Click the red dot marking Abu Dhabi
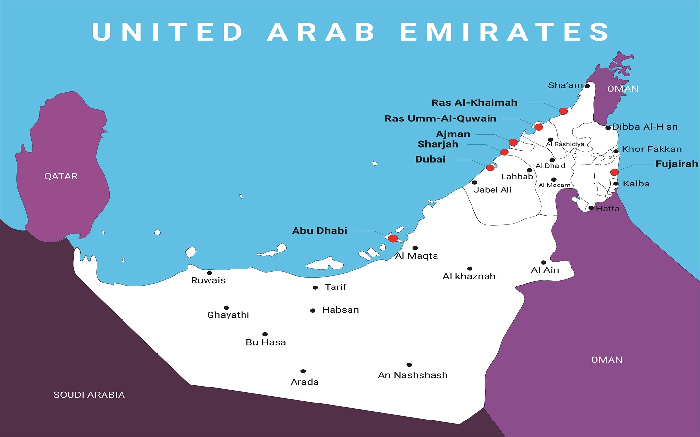tap(393, 238)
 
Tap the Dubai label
tap(430, 159)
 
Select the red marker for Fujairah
tap(614, 172)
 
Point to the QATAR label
tap(61, 176)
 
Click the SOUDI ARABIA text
tap(89, 395)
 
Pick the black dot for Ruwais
tap(209, 273)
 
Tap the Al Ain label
tap(545, 270)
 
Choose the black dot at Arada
tap(303, 371)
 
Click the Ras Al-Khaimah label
tap(474, 103)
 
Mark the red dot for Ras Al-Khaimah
tap(563, 111)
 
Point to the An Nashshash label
tap(413, 375)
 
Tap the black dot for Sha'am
tap(587, 86)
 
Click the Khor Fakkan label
tap(651, 149)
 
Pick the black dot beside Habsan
tap(313, 311)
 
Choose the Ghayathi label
tap(228, 315)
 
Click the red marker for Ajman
tap(513, 142)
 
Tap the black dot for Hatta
tap(591, 208)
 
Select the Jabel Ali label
tap(493, 190)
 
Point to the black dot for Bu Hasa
tap(265, 334)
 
